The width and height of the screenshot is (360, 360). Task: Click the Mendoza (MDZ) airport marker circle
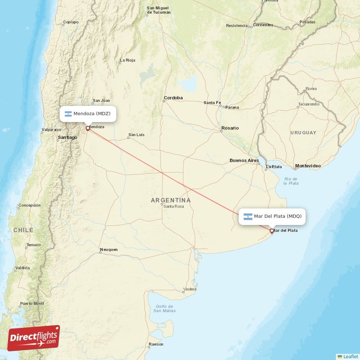(88, 128)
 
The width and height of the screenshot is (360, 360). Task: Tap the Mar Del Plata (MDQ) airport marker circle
(271, 231)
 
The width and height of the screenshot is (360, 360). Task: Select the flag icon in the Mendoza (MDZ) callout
(68, 114)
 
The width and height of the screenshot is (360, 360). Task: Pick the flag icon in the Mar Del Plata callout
(248, 216)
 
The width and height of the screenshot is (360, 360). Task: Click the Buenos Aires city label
(244, 160)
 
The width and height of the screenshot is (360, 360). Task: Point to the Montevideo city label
(308, 166)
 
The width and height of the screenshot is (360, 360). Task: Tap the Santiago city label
(67, 137)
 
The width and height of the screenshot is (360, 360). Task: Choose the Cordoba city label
(173, 98)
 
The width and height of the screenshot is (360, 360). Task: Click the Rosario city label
(229, 128)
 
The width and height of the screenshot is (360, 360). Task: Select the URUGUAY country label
(303, 133)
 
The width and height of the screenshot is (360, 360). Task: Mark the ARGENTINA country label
(171, 200)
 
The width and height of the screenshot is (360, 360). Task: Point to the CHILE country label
(23, 230)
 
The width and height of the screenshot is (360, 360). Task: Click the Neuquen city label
(109, 249)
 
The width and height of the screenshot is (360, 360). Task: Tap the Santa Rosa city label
(173, 207)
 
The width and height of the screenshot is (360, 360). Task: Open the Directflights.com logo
(33, 338)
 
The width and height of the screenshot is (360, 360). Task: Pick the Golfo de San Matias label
(164, 308)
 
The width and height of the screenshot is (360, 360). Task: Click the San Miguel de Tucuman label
(159, 10)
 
